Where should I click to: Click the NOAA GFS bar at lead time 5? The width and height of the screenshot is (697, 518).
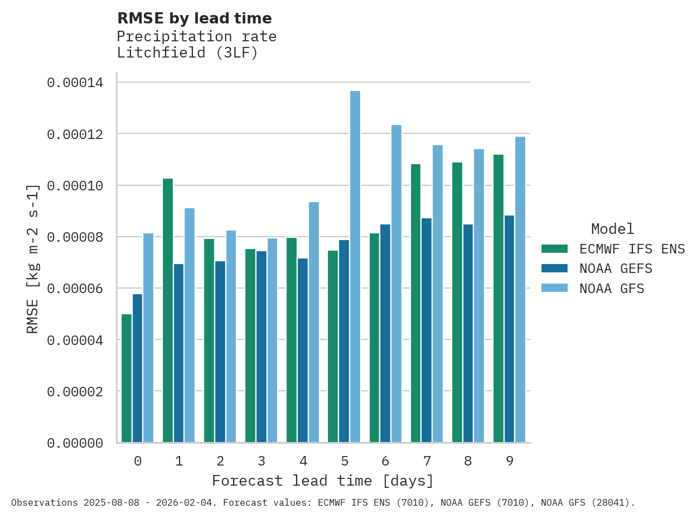click(x=355, y=267)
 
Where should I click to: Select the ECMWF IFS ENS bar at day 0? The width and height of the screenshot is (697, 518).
click(x=127, y=378)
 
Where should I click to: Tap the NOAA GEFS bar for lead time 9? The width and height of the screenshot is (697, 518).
click(x=509, y=329)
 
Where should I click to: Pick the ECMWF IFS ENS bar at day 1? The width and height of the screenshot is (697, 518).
click(x=168, y=310)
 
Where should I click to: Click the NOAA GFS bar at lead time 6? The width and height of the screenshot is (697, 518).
click(x=396, y=284)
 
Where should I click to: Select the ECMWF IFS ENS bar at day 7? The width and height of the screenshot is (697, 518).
click(x=415, y=303)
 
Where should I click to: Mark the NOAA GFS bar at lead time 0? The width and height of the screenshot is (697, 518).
click(x=148, y=338)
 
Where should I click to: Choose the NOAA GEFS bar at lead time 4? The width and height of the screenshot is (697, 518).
click(x=303, y=350)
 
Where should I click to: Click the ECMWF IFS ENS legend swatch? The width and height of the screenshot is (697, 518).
click(x=554, y=249)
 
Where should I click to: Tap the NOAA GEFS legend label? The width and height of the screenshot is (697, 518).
click(x=616, y=268)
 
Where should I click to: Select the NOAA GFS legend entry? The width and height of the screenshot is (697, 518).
click(x=612, y=289)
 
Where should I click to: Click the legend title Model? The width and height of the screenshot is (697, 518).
click(x=612, y=229)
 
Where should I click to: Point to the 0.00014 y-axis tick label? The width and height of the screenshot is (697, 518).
click(x=75, y=83)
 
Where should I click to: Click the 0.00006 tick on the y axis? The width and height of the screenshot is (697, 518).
click(x=75, y=289)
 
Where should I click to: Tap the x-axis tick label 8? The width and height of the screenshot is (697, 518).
click(x=468, y=461)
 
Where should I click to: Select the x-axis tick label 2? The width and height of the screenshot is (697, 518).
click(x=220, y=461)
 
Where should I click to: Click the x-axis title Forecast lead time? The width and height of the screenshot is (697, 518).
click(x=322, y=481)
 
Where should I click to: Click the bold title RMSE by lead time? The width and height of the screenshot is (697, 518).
click(x=195, y=18)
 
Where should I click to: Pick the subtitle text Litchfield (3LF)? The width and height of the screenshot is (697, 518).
click(x=187, y=53)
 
